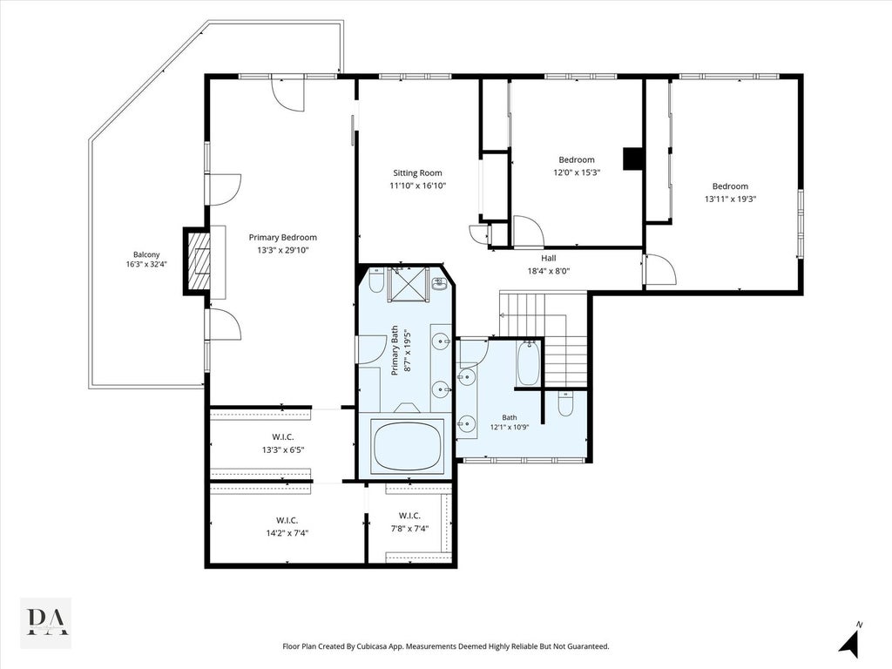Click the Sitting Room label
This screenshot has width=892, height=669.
pyautogui.click(x=417, y=173)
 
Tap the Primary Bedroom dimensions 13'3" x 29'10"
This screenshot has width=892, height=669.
pyautogui.click(x=283, y=250)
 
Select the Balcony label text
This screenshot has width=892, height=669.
pyautogui.click(x=146, y=255)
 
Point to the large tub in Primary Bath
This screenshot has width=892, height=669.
pyautogui.click(x=408, y=447)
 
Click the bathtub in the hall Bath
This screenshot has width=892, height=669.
pyautogui.click(x=527, y=362)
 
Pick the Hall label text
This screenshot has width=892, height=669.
pyautogui.click(x=549, y=258)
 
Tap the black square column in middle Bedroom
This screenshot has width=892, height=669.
pyautogui.click(x=632, y=159)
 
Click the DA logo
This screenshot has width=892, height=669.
pyautogui.click(x=46, y=623)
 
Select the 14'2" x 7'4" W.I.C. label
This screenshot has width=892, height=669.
pyautogui.click(x=287, y=527)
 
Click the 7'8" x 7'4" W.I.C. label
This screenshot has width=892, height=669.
pyautogui.click(x=409, y=522)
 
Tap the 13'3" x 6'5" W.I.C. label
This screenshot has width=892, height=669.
pyautogui.click(x=283, y=443)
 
